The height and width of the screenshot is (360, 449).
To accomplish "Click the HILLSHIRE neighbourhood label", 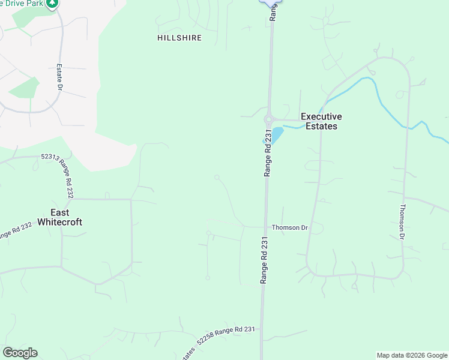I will [x=179, y=38].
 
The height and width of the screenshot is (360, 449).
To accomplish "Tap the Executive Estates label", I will [x=321, y=121].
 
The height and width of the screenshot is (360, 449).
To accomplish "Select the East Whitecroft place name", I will [x=59, y=217].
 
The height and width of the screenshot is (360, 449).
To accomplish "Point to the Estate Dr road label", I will [x=60, y=78].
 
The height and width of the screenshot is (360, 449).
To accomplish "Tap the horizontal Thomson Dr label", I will [x=289, y=228].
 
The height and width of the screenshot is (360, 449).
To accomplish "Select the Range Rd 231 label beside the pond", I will [x=268, y=154].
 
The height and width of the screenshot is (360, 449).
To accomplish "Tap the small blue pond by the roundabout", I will [x=277, y=133].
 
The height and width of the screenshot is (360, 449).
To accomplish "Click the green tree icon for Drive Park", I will [x=53, y=4].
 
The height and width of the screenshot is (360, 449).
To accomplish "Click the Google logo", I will [x=20, y=353].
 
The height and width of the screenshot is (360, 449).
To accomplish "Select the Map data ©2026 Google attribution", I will [x=412, y=355].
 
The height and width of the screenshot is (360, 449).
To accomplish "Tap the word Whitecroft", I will [x=59, y=222].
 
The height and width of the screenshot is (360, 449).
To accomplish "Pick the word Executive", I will [x=321, y=116].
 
